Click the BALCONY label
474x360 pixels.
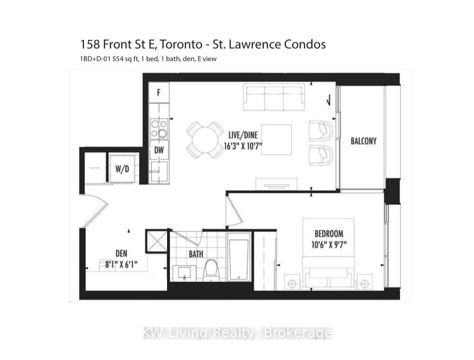363,141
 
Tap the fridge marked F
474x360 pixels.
159,93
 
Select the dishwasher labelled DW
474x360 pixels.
159,150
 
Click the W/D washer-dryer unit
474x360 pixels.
122,169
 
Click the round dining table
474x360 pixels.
205,140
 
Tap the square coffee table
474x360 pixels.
276,139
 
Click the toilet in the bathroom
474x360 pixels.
211,271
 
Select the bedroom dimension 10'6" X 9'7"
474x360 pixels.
329,245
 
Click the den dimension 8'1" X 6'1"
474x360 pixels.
121,265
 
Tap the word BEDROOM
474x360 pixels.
329,234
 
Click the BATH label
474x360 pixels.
196,254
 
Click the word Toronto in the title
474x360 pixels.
181,45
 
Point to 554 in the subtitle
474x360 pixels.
118,59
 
